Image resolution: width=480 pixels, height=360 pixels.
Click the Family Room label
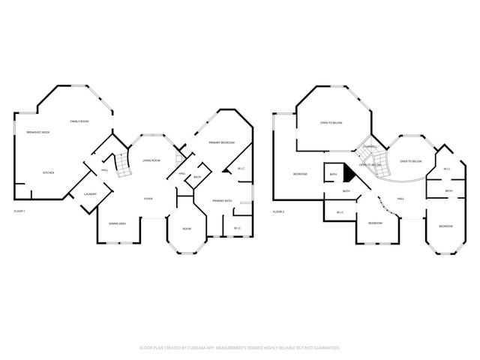[79, 121]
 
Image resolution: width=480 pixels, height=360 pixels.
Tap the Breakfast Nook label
[37, 133]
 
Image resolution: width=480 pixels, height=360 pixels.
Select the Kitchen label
[48, 172]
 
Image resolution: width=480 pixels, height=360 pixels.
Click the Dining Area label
[117, 223]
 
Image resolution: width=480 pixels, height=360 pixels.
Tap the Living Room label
[151, 160]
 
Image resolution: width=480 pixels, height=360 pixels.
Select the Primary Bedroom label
[222, 142]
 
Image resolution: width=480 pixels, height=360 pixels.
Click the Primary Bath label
[223, 200]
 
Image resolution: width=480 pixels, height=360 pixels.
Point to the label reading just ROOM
[187, 228]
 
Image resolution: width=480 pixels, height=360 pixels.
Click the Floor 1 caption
[19, 211]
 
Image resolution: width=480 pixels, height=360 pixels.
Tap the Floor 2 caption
[278, 211]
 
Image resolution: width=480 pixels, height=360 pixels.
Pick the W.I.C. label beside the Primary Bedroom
[241, 169]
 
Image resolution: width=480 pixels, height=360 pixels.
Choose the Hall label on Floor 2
[400, 198]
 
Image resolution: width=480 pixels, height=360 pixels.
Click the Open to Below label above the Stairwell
[331, 122]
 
